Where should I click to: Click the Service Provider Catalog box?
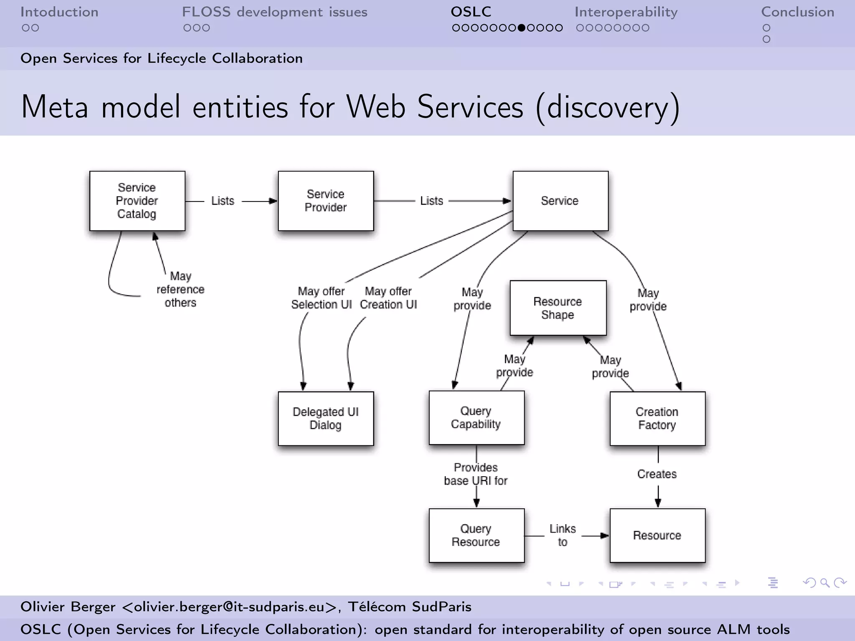pyautogui.click(x=137, y=201)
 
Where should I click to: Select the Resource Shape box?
pyautogui.click(x=558, y=308)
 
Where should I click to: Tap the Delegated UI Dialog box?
pyautogui.click(x=326, y=418)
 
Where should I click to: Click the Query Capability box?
pyautogui.click(x=476, y=417)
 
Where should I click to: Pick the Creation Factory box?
pyautogui.click(x=657, y=418)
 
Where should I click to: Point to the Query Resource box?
pyautogui.click(x=476, y=535)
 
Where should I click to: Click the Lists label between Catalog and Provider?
pyautogui.click(x=223, y=201)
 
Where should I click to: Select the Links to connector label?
pyautogui.click(x=562, y=535)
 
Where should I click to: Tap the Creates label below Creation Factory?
pyautogui.click(x=657, y=474)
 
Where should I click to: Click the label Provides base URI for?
pyautogui.click(x=476, y=474)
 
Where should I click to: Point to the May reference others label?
pyautogui.click(x=180, y=289)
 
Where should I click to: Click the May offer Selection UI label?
pyautogui.click(x=321, y=298)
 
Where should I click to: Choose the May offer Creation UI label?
pyautogui.click(x=388, y=298)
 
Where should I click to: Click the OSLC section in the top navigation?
pyautogui.click(x=471, y=12)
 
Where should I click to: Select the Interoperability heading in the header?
pyautogui.click(x=626, y=12)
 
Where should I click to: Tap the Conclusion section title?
pyautogui.click(x=797, y=12)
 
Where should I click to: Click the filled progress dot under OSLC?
pyautogui.click(x=521, y=28)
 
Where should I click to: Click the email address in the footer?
pyautogui.click(x=229, y=606)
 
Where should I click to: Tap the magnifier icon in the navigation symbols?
pyautogui.click(x=825, y=583)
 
